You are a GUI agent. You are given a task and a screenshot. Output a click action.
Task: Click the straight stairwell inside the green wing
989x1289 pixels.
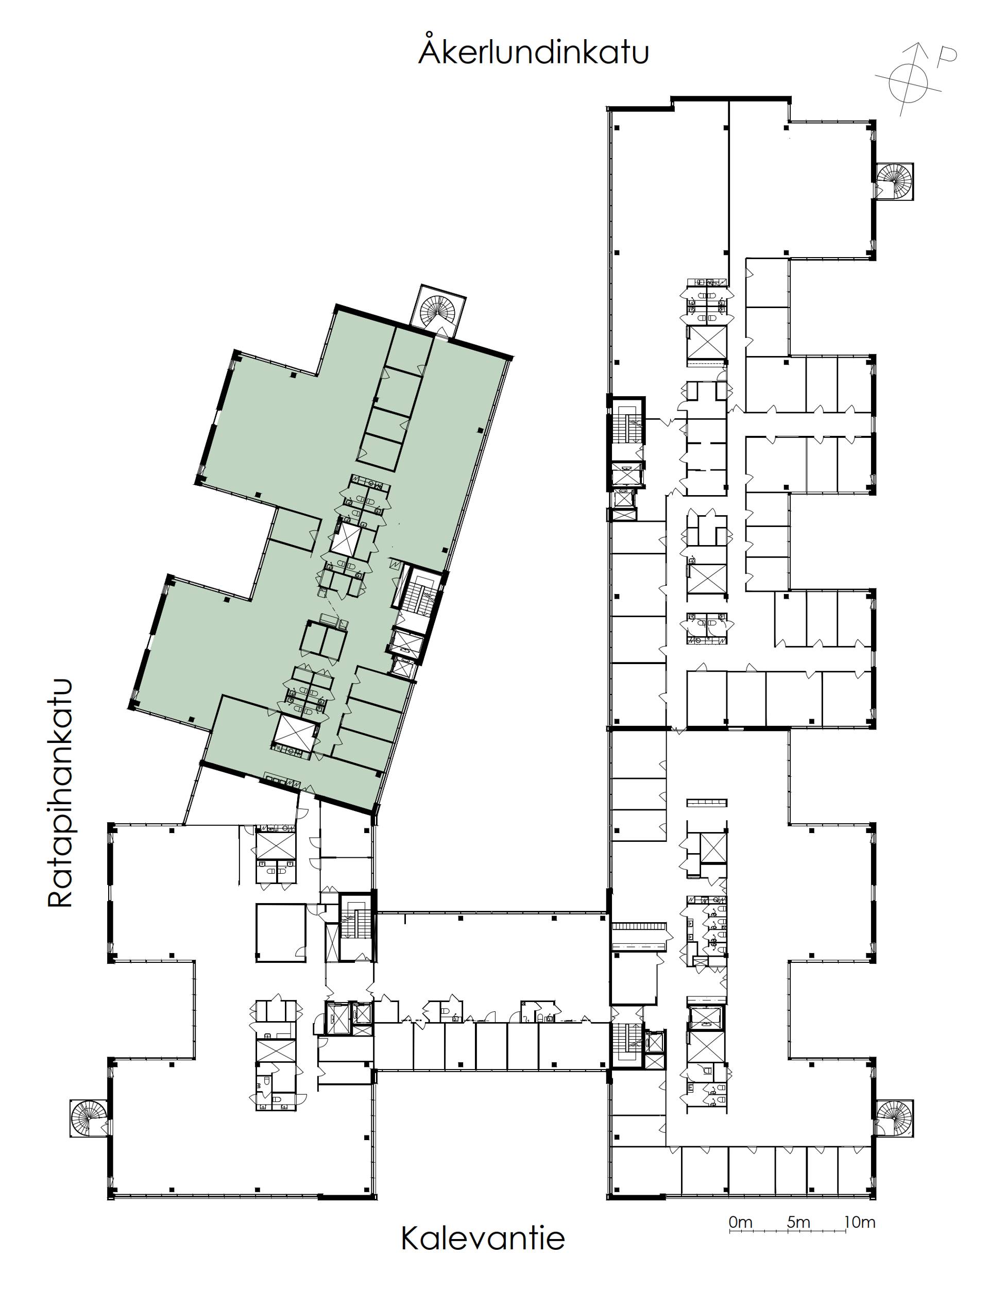(x=419, y=597)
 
